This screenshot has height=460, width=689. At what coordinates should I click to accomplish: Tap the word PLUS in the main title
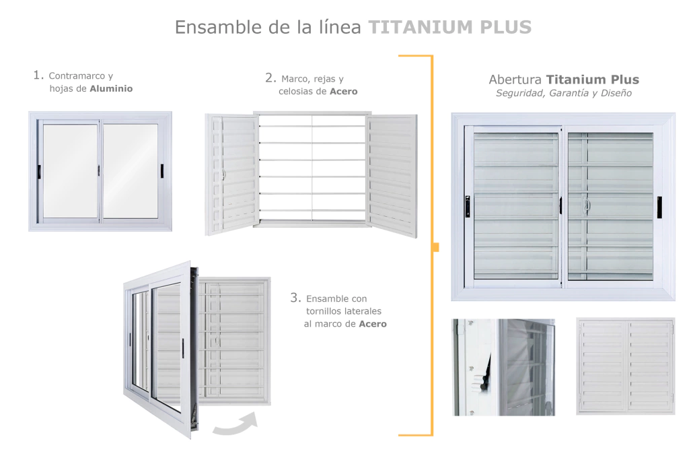coord(506,27)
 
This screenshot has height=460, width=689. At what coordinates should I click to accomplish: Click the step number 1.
coord(38,75)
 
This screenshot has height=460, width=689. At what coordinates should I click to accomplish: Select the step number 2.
coord(270,78)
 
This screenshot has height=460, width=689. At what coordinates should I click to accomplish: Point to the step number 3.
coord(295,298)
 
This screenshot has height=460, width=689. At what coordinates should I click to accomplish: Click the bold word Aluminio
coord(111,88)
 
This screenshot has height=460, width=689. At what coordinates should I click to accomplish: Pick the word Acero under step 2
coord(344,92)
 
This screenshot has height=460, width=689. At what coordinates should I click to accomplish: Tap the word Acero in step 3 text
coord(373,324)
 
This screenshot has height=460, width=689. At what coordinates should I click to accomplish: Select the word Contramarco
coord(77,75)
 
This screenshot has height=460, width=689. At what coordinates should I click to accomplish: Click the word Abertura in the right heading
coord(515,79)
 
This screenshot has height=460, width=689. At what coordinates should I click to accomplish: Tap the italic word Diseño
coord(616,93)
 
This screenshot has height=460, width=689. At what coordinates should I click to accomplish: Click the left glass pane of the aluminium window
coord(70,170)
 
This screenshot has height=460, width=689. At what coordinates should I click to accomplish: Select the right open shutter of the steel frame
coord(392,175)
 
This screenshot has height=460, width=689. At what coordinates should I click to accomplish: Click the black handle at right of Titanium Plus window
coord(659,207)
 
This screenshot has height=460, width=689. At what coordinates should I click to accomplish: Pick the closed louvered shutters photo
coord(626,366)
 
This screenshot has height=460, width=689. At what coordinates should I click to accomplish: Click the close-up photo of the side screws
coord(503,367)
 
